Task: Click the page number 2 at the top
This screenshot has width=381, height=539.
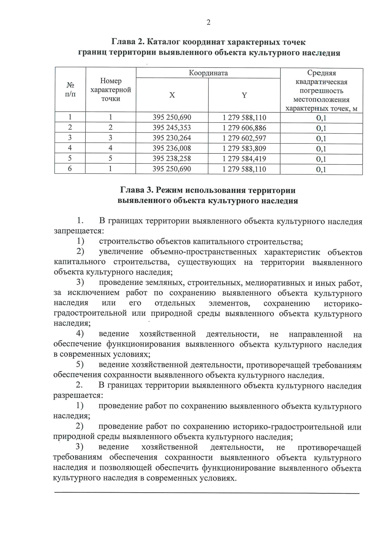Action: coord(208,22)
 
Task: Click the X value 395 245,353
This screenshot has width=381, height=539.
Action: coord(172,128)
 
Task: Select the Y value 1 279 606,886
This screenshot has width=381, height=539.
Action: coord(244,128)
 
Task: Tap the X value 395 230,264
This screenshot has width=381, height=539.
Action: coord(172,138)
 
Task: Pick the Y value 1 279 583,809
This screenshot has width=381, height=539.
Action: coord(244,148)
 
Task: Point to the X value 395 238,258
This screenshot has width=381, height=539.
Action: coord(172,158)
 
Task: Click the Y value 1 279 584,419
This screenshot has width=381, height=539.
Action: coord(244,158)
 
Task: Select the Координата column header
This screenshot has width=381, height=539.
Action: coord(208,73)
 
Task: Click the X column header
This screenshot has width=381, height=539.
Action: coord(172,95)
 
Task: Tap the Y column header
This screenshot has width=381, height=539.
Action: coord(244,95)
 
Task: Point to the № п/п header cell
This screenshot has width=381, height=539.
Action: coord(70,89)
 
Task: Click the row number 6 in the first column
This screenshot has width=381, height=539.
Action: coord(70,169)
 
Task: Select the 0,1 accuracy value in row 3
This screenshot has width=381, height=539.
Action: coord(321,138)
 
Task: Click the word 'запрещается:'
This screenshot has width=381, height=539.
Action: coord(79,231)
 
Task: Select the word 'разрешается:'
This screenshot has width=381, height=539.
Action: coord(78,396)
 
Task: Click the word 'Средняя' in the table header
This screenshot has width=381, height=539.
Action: coord(321,73)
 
